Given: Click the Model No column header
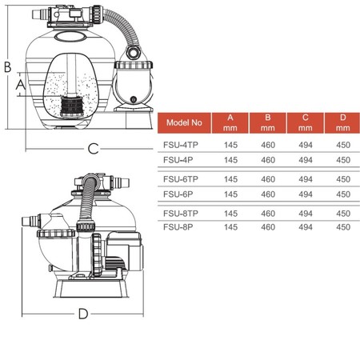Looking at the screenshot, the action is (x=184, y=122).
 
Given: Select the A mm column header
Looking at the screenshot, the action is (x=230, y=122).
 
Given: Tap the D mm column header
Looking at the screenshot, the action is (x=342, y=122).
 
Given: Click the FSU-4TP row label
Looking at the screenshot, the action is (x=181, y=145).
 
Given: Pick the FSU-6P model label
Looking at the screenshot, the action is (x=178, y=194).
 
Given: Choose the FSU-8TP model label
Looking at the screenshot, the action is (x=181, y=214).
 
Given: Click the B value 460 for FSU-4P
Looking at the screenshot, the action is (x=268, y=160).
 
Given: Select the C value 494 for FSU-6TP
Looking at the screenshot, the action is (x=306, y=179).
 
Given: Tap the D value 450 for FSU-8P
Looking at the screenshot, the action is (x=343, y=227).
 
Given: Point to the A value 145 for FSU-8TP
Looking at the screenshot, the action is (x=230, y=214).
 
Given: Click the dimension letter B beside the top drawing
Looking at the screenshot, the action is (x=8, y=67).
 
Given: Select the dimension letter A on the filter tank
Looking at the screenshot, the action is (x=21, y=85).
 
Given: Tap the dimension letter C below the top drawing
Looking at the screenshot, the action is (x=94, y=149).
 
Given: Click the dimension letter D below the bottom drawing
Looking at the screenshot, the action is (x=83, y=314).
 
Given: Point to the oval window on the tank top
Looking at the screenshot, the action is (x=70, y=37).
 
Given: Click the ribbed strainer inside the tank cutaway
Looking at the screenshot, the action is (x=72, y=106).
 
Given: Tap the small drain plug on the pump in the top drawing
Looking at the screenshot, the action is (x=134, y=99).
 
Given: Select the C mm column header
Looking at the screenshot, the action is (x=305, y=122).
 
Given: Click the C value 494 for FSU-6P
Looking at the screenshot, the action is (x=306, y=194).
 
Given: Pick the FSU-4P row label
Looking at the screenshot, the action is (x=178, y=160).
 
